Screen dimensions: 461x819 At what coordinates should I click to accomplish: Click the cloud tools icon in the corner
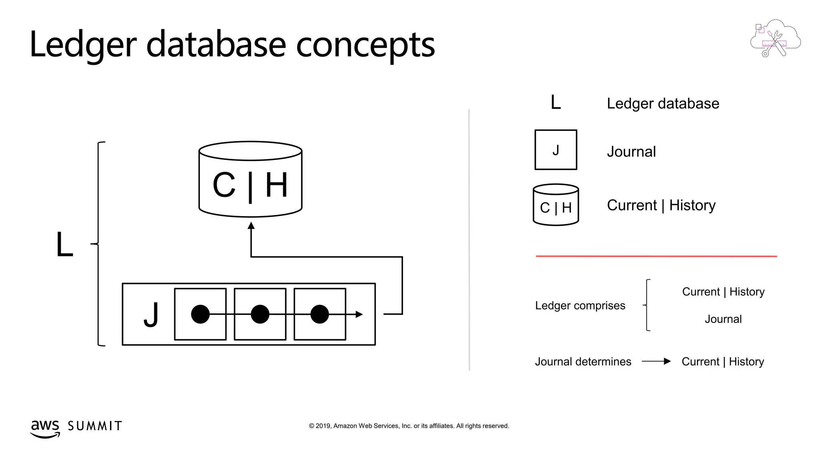click(x=775, y=38)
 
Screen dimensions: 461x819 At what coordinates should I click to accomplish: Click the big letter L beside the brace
click(x=65, y=244)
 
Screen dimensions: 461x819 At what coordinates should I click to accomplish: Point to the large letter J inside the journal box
click(x=151, y=315)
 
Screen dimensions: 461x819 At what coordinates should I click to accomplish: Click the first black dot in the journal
click(x=200, y=314)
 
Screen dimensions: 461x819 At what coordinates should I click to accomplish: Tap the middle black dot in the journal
click(x=260, y=314)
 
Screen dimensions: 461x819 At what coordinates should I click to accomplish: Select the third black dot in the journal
click(x=320, y=314)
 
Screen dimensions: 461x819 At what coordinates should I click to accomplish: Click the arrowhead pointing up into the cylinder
click(x=251, y=226)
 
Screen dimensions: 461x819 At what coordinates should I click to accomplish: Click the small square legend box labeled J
click(x=555, y=150)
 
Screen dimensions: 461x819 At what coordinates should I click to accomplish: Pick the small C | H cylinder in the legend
click(x=555, y=205)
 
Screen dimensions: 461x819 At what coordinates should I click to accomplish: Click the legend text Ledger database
click(x=663, y=104)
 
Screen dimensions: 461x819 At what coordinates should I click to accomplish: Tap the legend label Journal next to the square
click(x=631, y=152)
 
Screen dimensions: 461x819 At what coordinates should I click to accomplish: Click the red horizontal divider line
click(x=656, y=256)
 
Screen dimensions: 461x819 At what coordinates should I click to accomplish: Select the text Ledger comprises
click(x=580, y=306)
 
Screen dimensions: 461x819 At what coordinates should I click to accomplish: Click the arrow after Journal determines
click(x=656, y=361)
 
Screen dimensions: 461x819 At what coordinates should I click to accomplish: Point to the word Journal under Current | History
click(x=723, y=319)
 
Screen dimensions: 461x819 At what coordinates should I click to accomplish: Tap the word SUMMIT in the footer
click(x=95, y=426)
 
